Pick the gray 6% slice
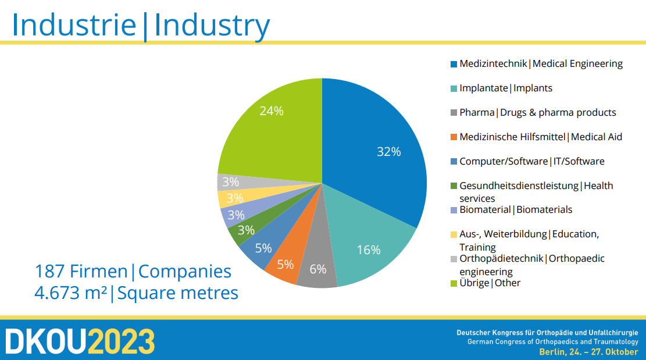tap(318, 263)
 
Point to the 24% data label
tap(272, 111)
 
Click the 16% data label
tap(368, 249)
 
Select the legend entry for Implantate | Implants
tap(501, 88)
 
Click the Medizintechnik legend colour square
tap(454, 64)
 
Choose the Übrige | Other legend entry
tap(486, 283)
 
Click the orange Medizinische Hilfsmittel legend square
tap(454, 137)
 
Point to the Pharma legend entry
tap(533, 112)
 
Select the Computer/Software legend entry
tap(527, 162)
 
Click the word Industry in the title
tap(212, 26)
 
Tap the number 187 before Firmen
tap(49, 272)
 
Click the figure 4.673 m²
tap(70, 293)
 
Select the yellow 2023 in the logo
tap(122, 341)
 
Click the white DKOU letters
tap(46, 341)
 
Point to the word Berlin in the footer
tap(552, 352)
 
